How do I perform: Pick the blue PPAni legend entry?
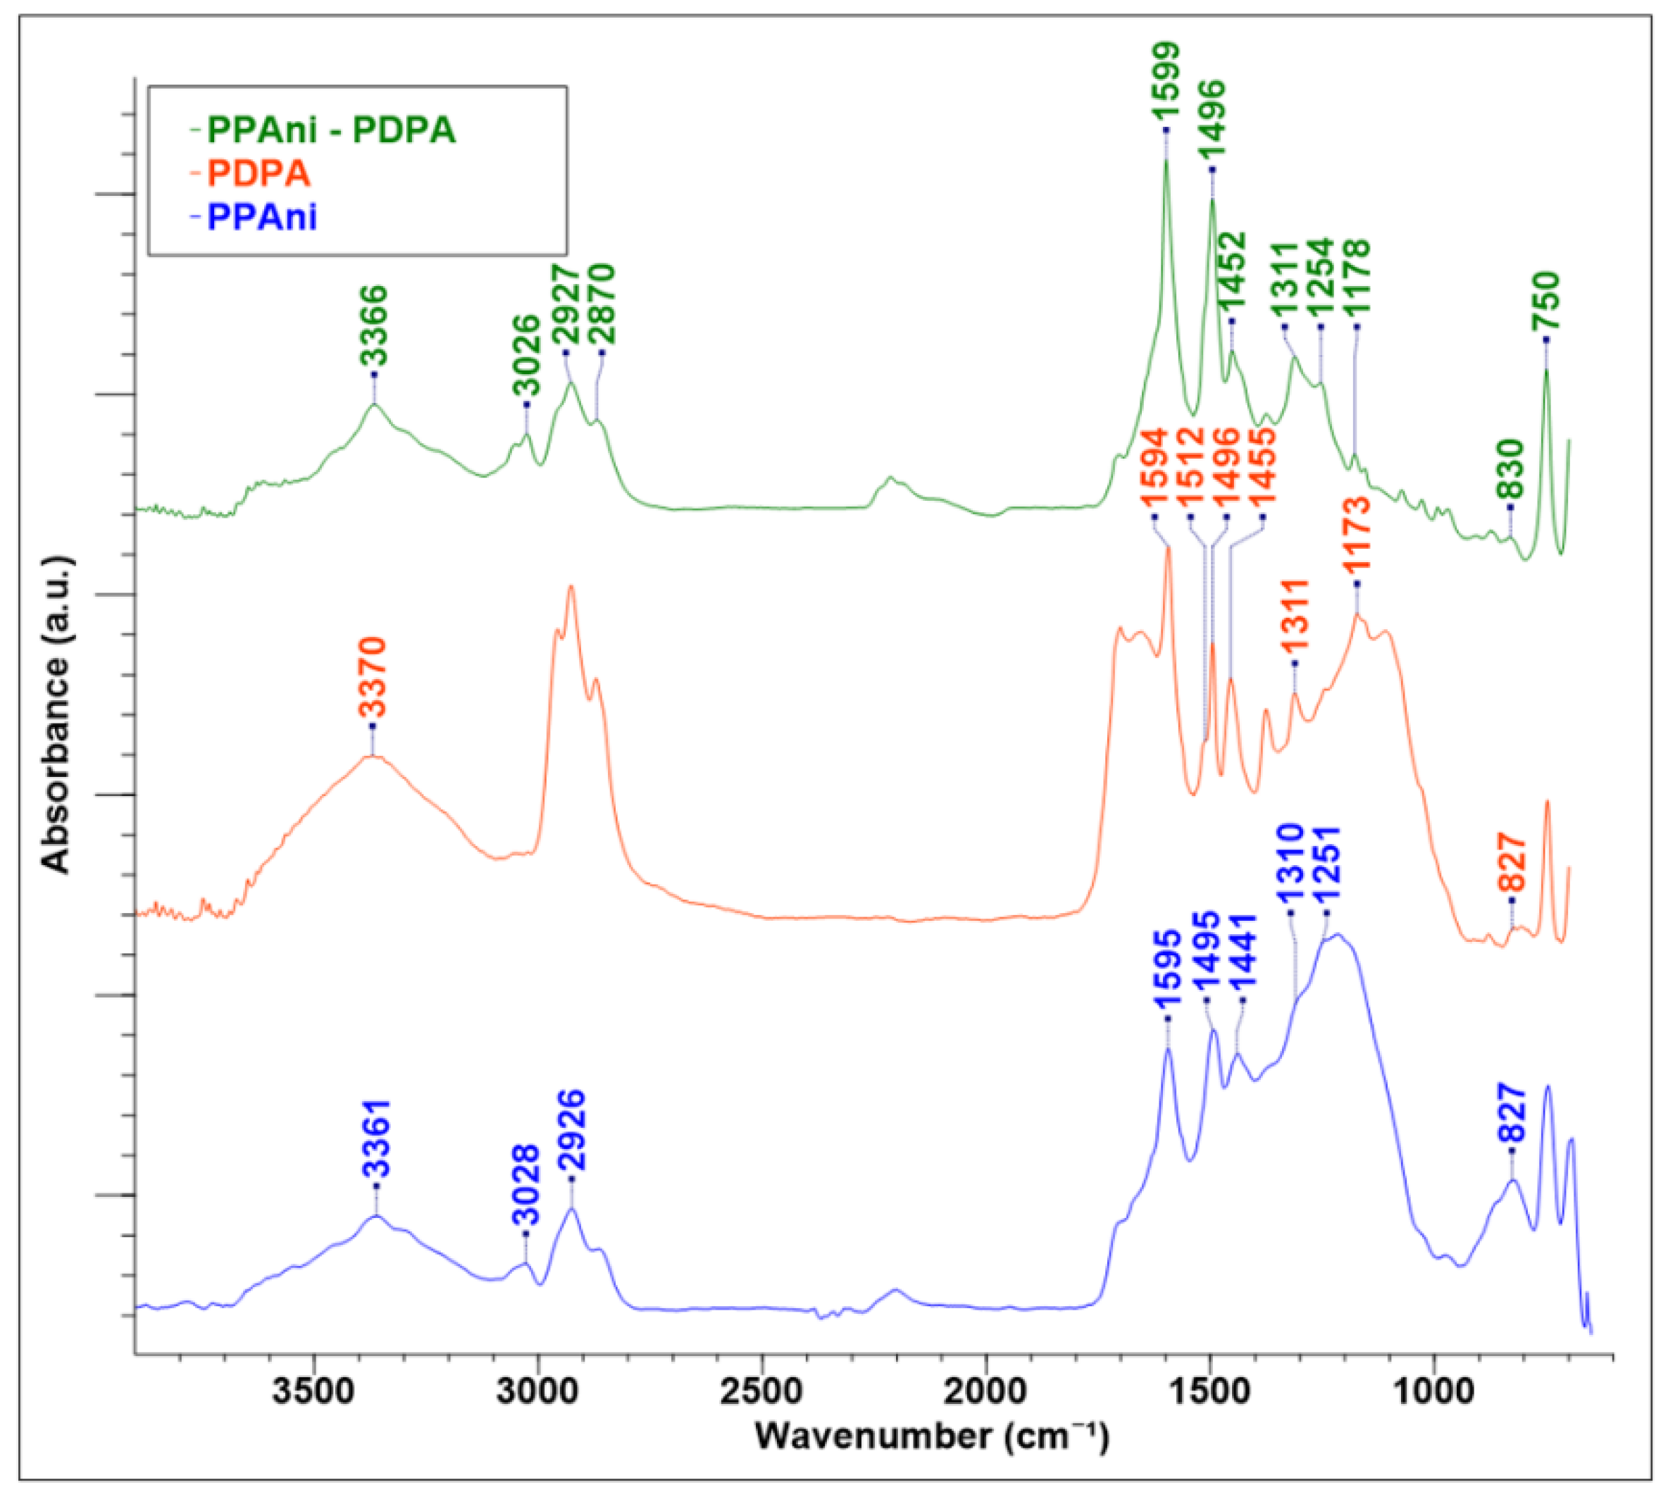(261, 217)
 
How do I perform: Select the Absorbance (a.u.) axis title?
(56, 716)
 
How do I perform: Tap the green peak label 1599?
(1166, 82)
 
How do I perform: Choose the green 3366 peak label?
(374, 327)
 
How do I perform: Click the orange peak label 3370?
(372, 678)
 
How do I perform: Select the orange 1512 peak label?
(1189, 470)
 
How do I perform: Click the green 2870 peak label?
(602, 305)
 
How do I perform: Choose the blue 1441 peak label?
(1242, 954)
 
